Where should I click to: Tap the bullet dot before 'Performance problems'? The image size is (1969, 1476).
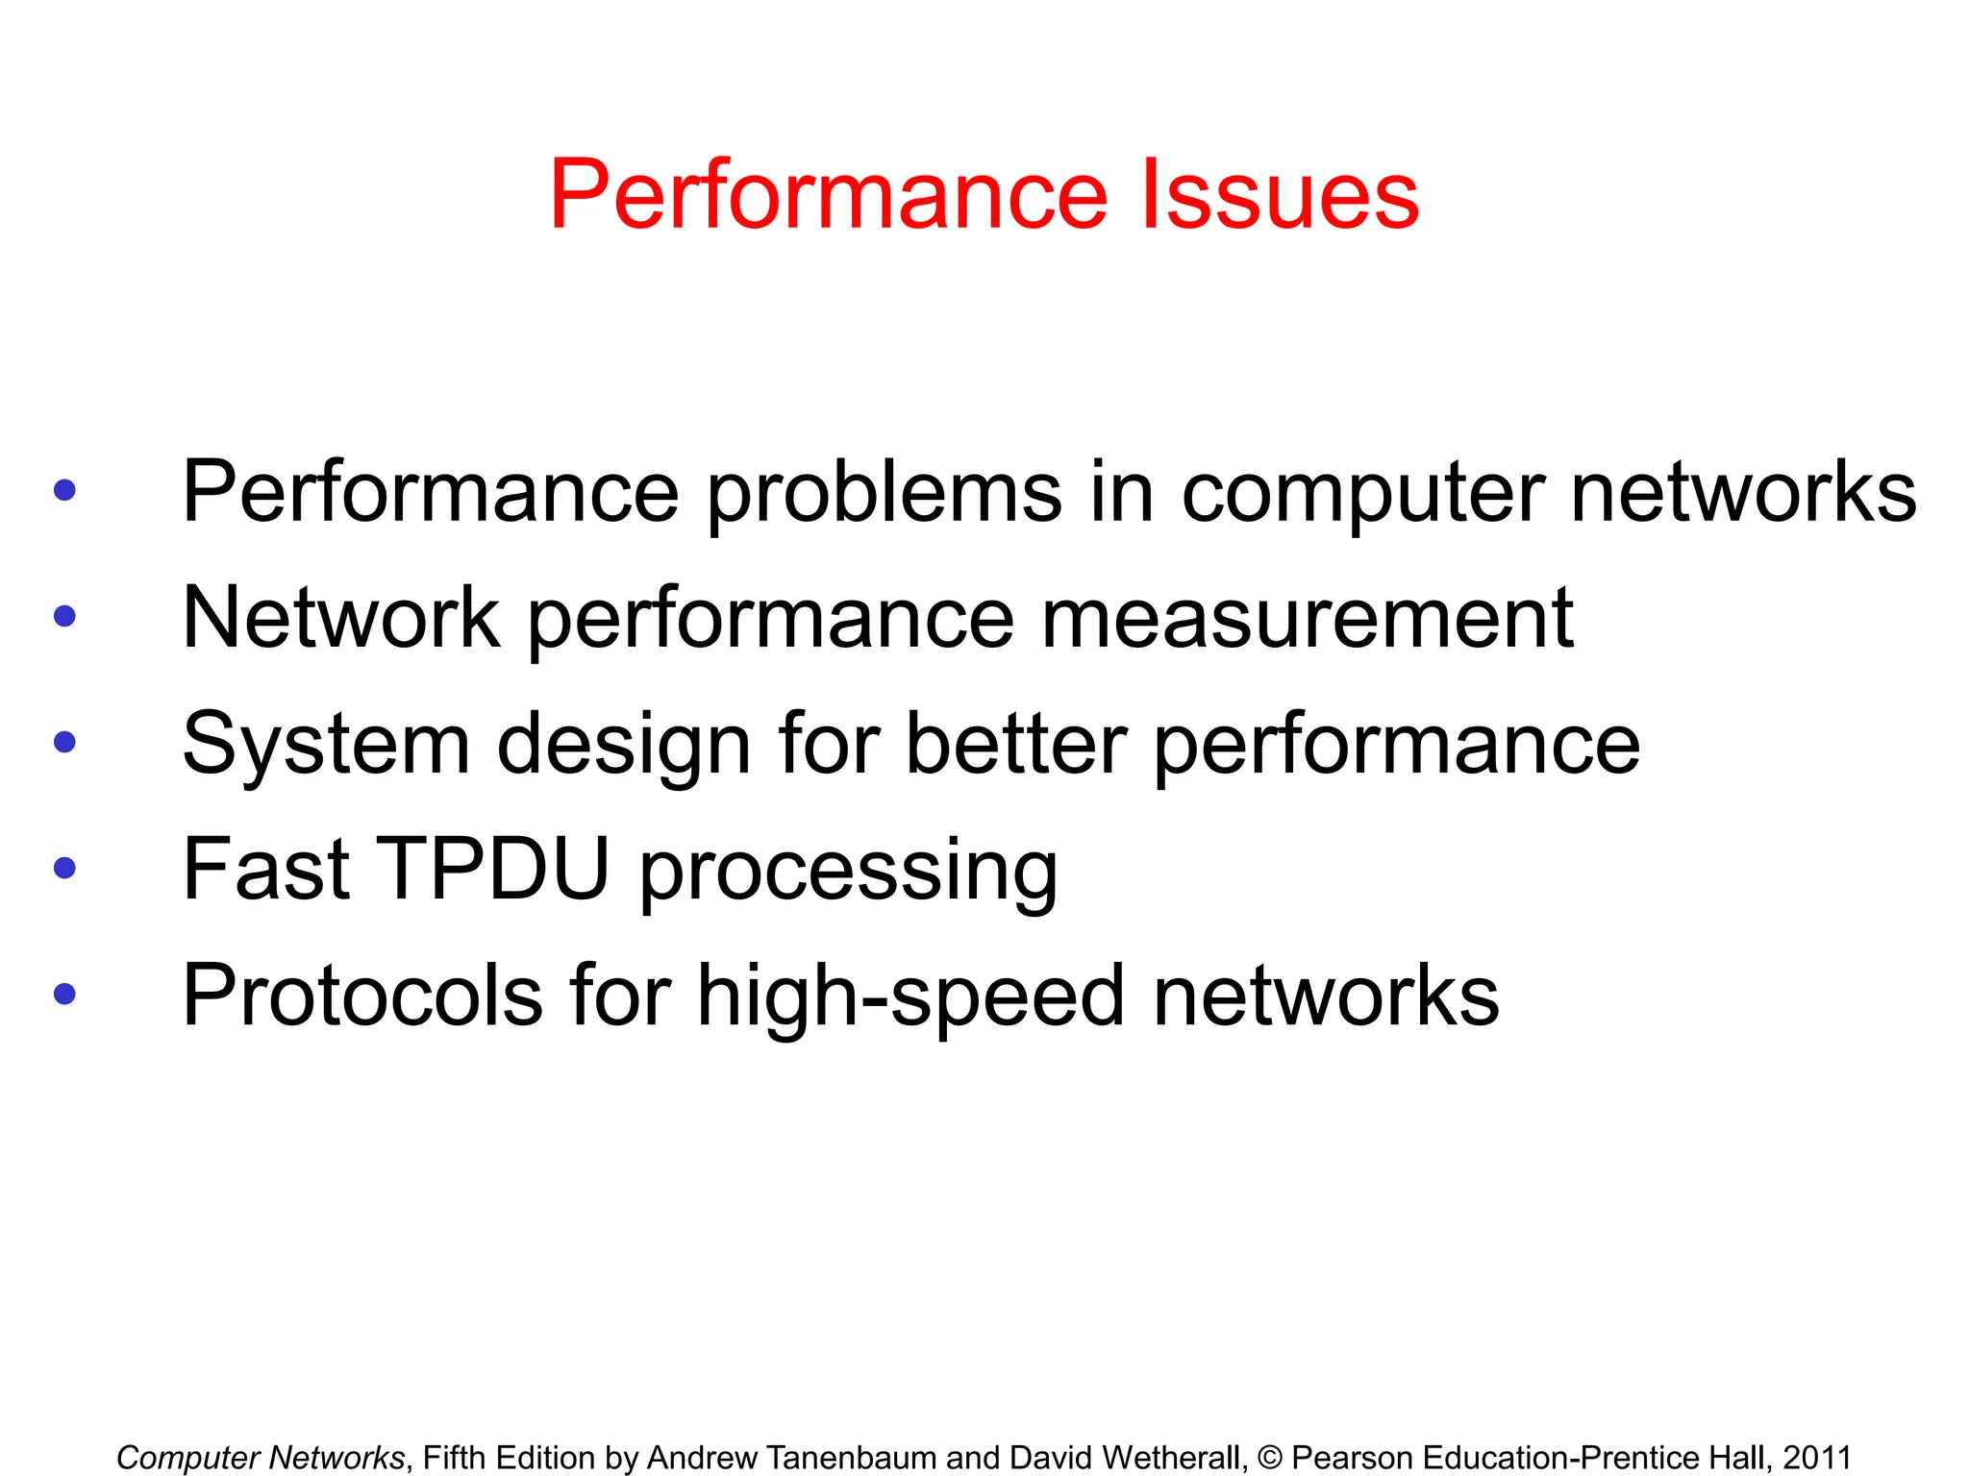pyautogui.click(x=65, y=490)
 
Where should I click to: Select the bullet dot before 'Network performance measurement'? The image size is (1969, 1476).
pyautogui.click(x=65, y=616)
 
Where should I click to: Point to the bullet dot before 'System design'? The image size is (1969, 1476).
pyautogui.click(x=65, y=742)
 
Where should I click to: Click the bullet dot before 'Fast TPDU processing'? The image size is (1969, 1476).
pyautogui.click(x=65, y=868)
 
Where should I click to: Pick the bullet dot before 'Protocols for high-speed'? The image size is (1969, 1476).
pyautogui.click(x=65, y=994)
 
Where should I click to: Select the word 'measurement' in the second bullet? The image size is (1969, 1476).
pyautogui.click(x=1308, y=618)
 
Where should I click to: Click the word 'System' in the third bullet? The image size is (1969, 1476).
pyautogui.click(x=326, y=745)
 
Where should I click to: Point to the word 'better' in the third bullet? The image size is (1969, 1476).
pyautogui.click(x=1016, y=743)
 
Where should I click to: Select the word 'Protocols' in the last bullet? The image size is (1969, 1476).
pyautogui.click(x=362, y=996)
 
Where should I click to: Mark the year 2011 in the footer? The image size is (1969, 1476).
pyautogui.click(x=1816, y=1458)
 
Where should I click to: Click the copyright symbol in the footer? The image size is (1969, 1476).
pyautogui.click(x=1269, y=1458)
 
